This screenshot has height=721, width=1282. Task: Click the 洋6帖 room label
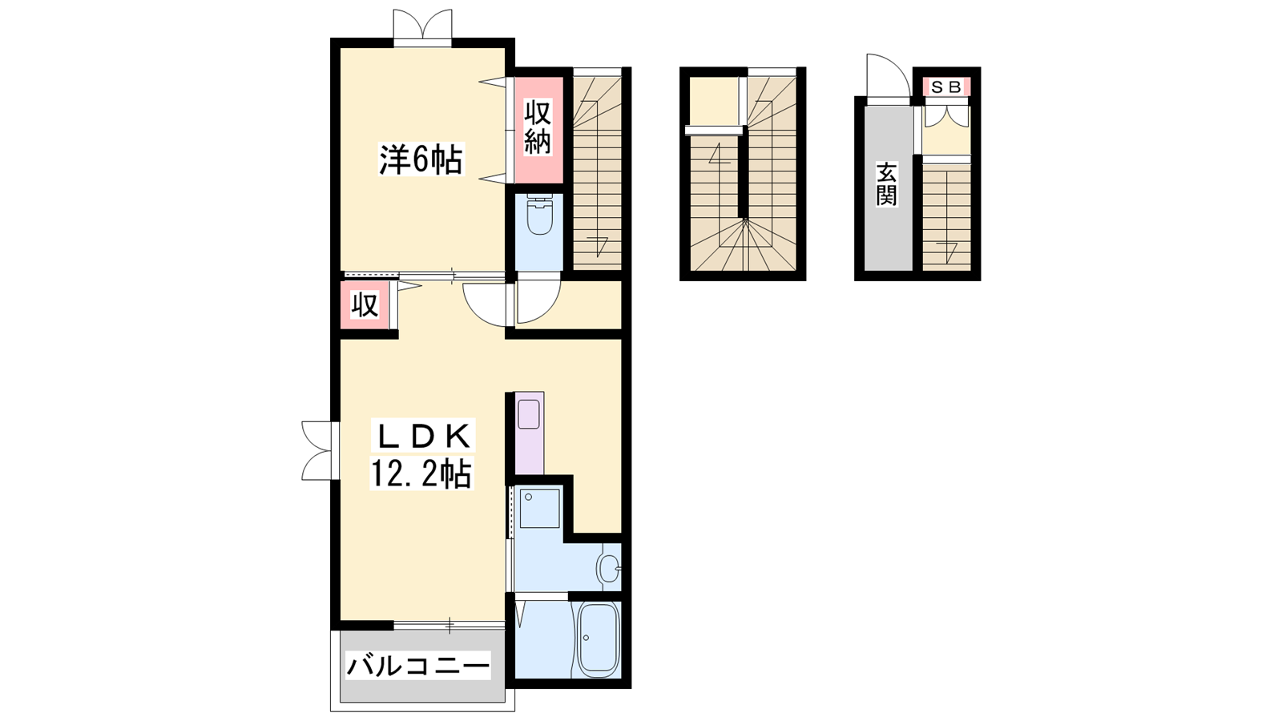(x=421, y=159)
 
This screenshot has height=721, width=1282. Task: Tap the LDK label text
(x=423, y=437)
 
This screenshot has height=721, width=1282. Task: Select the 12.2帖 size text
(x=421, y=473)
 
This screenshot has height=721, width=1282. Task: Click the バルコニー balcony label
(x=417, y=666)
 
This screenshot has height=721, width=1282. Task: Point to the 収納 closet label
(x=538, y=127)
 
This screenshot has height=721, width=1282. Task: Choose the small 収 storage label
(x=365, y=305)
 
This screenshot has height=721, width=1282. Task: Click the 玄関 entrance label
(x=886, y=184)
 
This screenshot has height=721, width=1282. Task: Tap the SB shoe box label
(x=946, y=87)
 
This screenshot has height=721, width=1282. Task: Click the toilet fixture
(x=538, y=215)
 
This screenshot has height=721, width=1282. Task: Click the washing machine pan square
(x=539, y=508)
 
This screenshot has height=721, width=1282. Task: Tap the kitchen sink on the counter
(x=529, y=414)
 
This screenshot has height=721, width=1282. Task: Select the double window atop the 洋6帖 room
(x=422, y=25)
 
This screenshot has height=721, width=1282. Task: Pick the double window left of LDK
(x=318, y=451)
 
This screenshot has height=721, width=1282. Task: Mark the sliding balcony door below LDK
(x=450, y=626)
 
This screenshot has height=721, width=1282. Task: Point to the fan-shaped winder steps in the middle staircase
(x=744, y=245)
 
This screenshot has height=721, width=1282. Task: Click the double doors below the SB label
(x=946, y=116)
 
